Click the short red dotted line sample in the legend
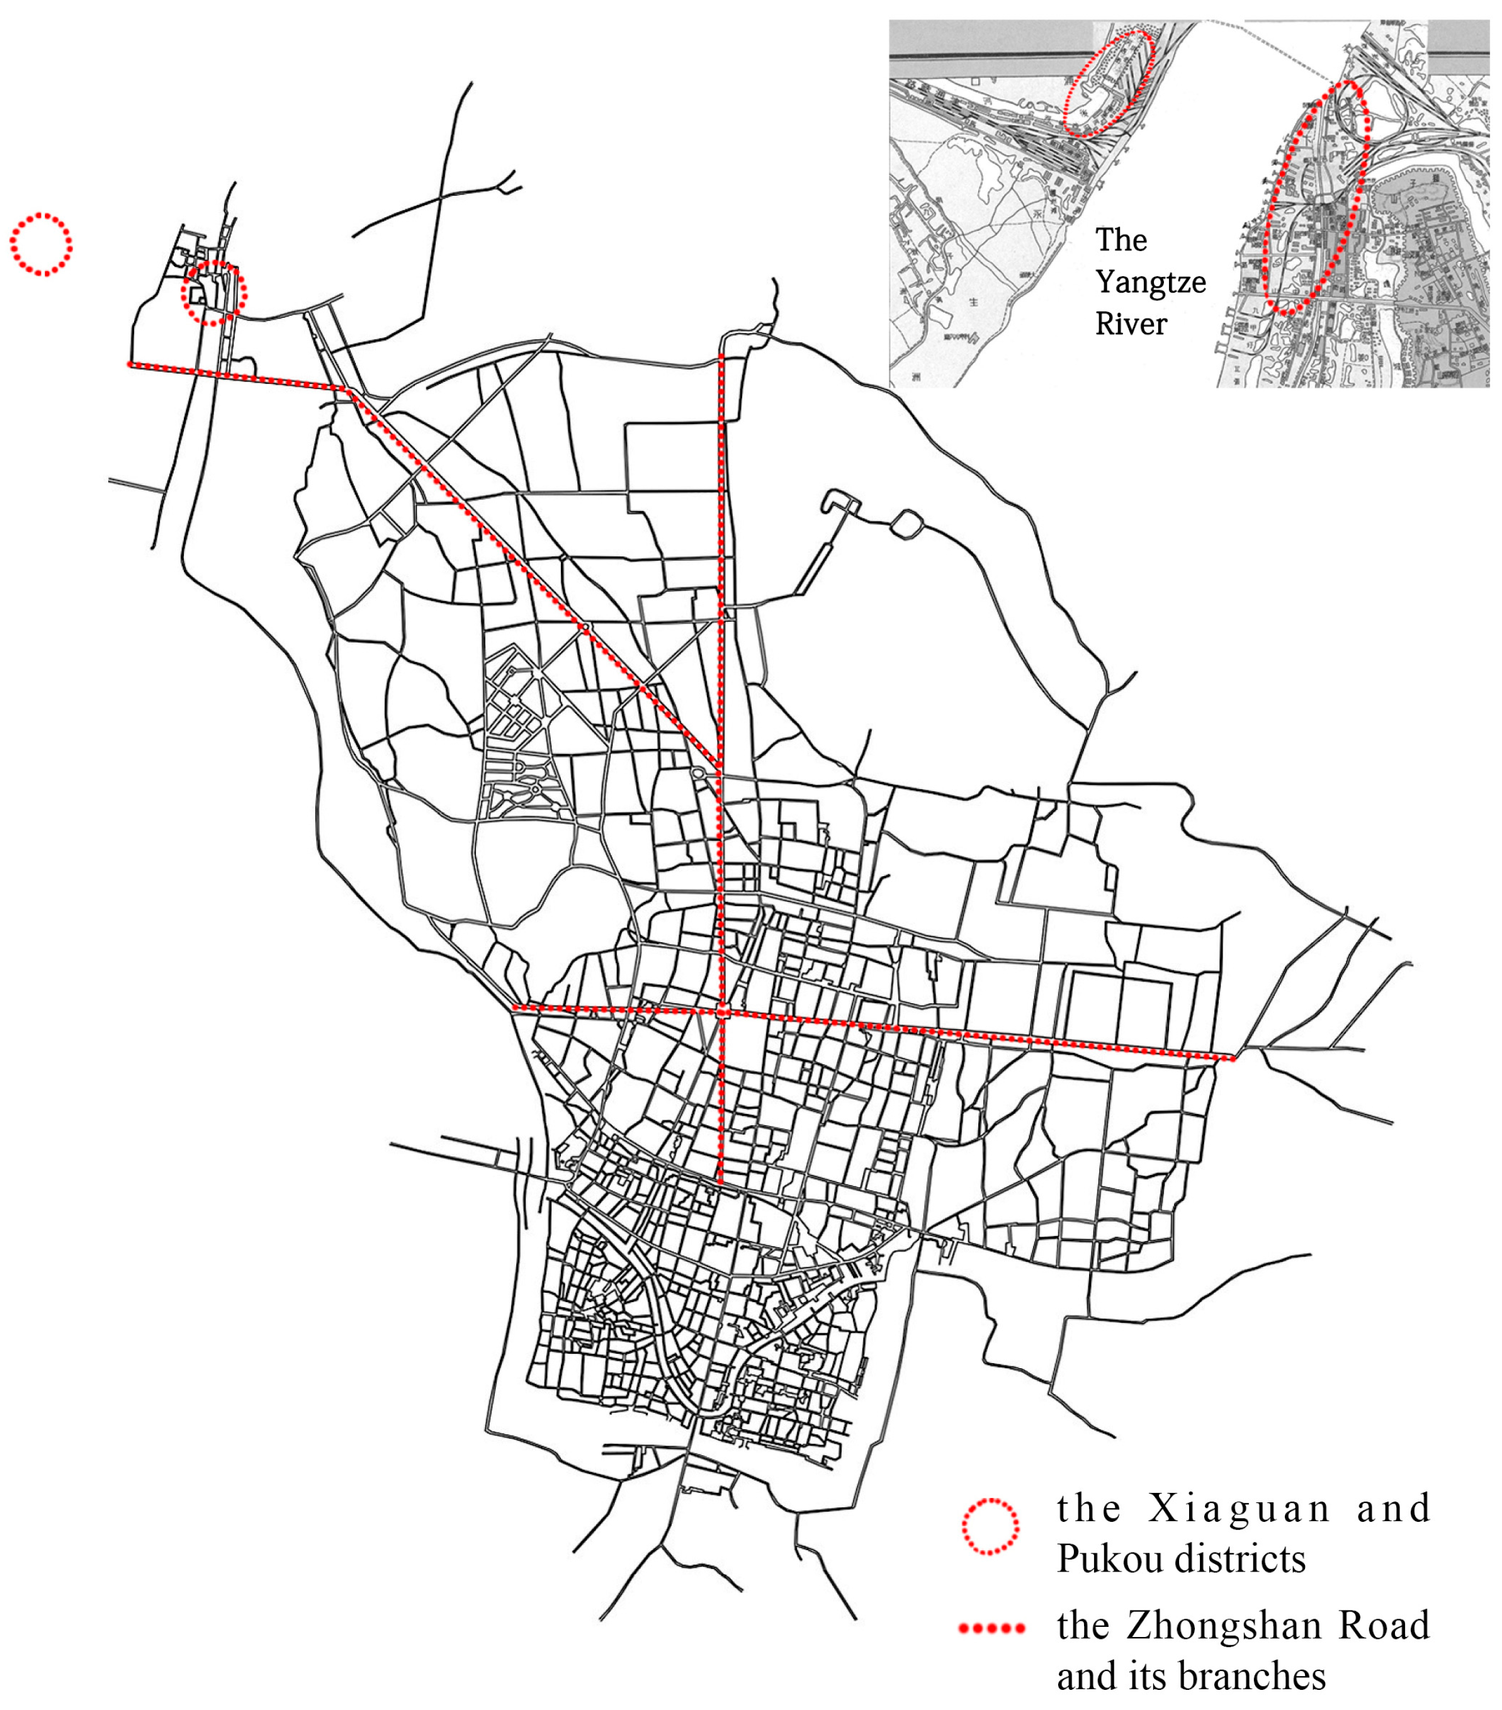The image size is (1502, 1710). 991,1628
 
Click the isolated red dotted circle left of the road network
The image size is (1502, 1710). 41,244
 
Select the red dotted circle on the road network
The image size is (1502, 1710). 214,293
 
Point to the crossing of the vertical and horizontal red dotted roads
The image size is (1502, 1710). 722,1012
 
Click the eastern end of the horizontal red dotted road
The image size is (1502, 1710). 1233,1059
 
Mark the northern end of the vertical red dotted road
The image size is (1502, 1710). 721,357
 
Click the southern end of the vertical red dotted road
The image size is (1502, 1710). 720,1182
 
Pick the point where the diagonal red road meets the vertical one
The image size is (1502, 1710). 720,765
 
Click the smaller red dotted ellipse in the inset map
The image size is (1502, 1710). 1107,84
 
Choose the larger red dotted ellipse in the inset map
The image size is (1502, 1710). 1316,198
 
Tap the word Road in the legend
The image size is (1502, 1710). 1383,1626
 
